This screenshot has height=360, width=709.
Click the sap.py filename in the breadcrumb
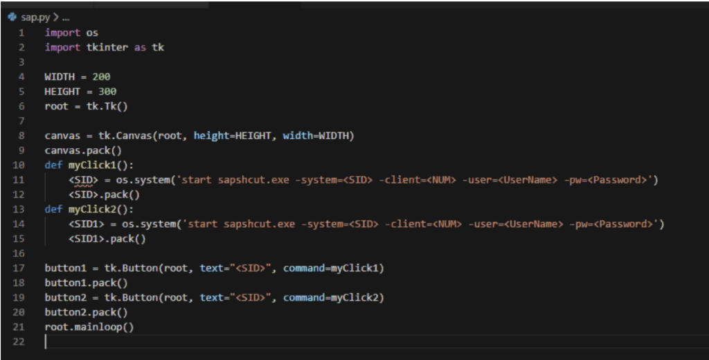coord(35,17)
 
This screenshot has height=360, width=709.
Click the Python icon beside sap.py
coord(12,17)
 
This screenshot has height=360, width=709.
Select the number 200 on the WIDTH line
coord(101,77)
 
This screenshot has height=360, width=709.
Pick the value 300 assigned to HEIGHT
coord(107,91)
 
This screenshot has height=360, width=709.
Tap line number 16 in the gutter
coord(19,253)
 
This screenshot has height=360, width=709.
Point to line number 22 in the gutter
coord(19,341)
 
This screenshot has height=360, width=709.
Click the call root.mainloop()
coord(89,327)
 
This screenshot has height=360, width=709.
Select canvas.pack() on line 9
coord(83,151)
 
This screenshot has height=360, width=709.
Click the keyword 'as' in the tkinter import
coord(140,48)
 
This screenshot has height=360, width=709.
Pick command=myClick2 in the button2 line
coord(334,298)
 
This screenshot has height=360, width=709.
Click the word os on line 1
coord(92,33)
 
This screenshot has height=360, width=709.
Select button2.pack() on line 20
coord(87,312)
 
